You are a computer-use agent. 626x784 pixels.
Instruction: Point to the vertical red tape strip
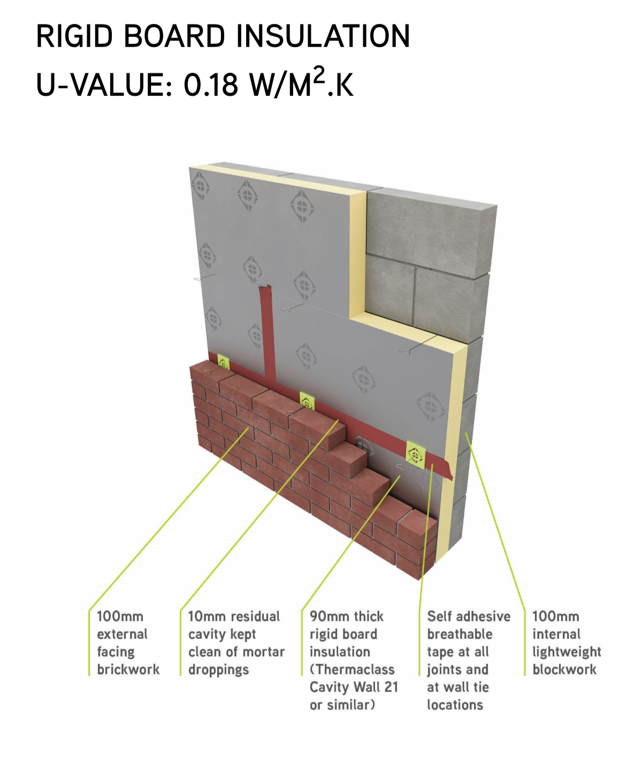268,333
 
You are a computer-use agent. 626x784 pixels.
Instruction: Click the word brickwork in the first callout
128,669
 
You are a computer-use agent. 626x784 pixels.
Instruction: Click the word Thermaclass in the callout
355,669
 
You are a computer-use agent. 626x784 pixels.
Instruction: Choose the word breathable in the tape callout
460,634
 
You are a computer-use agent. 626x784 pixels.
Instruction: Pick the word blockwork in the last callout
564,669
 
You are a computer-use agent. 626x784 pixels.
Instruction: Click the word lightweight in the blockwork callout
567,652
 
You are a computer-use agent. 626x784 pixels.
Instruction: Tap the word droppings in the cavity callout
218,670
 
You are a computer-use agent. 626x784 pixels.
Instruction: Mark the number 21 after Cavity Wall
391,687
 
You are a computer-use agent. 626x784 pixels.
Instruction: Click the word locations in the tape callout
455,705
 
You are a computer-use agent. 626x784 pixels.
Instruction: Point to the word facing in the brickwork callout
116,652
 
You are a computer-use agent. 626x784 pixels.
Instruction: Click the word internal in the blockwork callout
556,634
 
